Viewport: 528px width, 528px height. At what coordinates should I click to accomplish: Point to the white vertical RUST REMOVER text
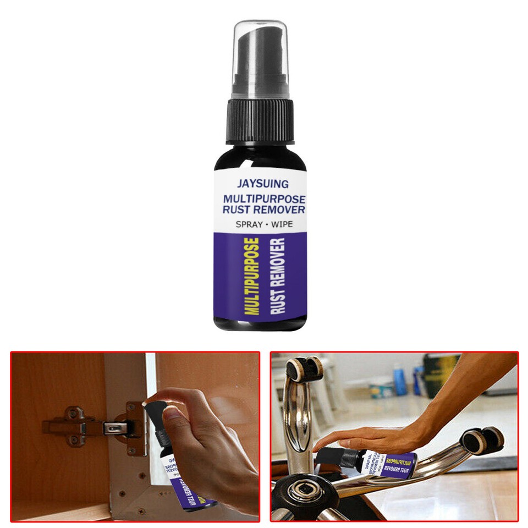pyautogui.click(x=278, y=276)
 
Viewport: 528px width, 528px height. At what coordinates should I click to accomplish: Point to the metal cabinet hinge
pyautogui.click(x=96, y=425)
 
